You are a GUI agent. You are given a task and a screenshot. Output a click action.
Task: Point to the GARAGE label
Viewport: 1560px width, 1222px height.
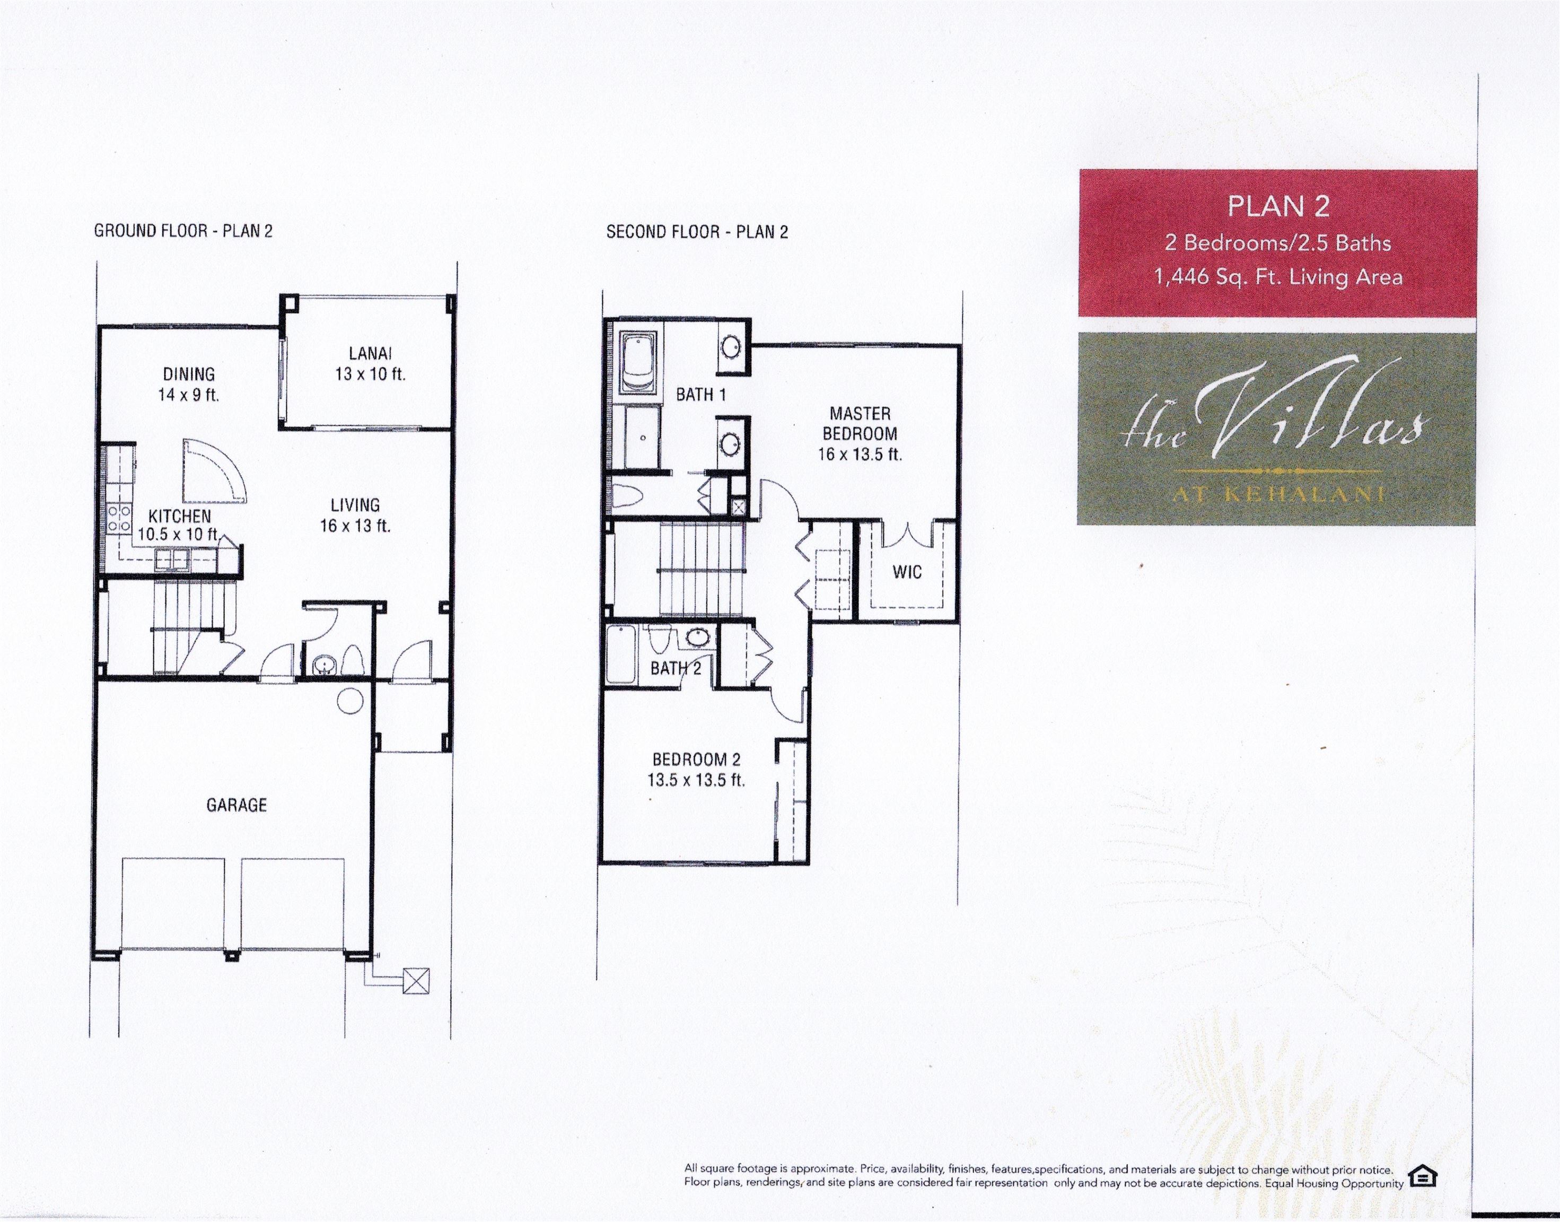(x=236, y=805)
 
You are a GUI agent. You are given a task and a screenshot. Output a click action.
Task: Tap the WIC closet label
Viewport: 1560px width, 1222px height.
(x=906, y=572)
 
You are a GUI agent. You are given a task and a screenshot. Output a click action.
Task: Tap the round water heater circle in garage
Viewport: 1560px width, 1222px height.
(x=351, y=699)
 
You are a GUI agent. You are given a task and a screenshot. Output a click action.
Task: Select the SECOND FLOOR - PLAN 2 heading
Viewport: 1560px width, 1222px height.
(x=697, y=232)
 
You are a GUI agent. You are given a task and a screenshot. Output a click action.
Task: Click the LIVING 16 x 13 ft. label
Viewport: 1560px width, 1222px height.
(x=355, y=515)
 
